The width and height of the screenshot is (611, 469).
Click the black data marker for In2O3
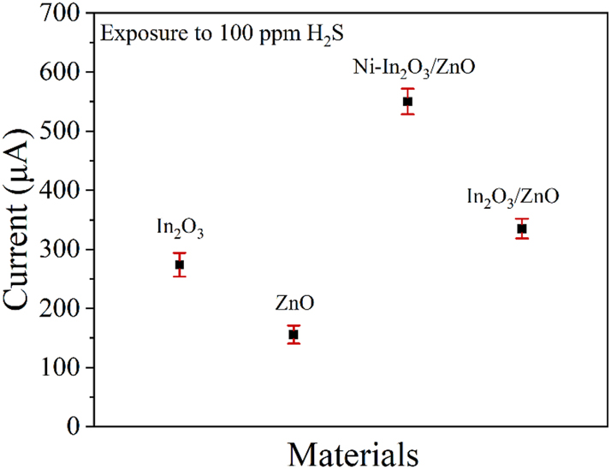tap(180, 264)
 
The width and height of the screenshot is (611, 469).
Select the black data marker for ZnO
tap(294, 334)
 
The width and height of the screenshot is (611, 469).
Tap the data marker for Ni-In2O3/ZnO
tap(407, 101)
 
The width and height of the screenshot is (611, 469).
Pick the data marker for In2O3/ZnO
tap(521, 229)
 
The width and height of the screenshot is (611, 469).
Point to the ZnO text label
tap(294, 302)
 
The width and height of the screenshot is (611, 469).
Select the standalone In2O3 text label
tap(180, 228)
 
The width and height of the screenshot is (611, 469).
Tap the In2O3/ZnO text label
tap(513, 197)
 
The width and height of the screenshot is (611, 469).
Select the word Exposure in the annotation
tap(137, 36)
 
